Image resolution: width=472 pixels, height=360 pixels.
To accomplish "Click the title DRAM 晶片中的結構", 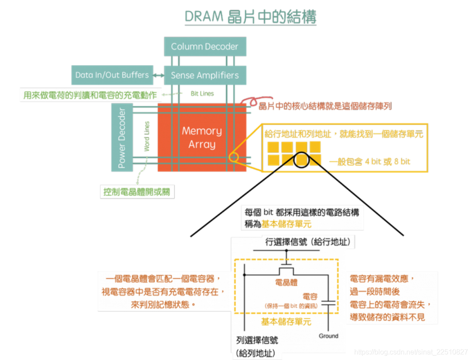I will [250, 17].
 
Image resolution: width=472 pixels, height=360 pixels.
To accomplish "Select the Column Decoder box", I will [204, 46].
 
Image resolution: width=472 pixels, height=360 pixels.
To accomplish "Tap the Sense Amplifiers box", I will [204, 75].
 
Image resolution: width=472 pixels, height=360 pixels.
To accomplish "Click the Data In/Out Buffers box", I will [112, 75].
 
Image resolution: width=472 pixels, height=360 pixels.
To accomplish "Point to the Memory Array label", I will [202, 137].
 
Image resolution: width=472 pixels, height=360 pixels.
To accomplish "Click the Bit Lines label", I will [202, 93].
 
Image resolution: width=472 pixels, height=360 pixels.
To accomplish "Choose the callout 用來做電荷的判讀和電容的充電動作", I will [90, 94].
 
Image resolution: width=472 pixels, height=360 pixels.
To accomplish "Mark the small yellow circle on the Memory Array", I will [233, 157].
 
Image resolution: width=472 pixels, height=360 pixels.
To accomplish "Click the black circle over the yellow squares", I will [302, 160].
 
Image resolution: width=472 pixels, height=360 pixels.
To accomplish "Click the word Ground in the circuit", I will [328, 336].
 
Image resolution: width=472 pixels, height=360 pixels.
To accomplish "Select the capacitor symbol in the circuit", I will [328, 302].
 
